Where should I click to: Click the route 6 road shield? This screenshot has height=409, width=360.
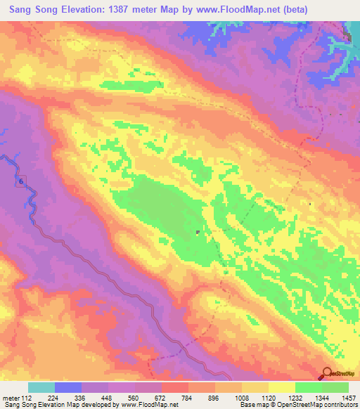21,181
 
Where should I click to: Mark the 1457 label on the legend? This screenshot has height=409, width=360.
349,398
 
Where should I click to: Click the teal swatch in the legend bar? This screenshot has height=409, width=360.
41,387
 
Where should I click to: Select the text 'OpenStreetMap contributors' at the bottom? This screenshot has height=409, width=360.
319,405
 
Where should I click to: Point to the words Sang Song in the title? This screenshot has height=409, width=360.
34,9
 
